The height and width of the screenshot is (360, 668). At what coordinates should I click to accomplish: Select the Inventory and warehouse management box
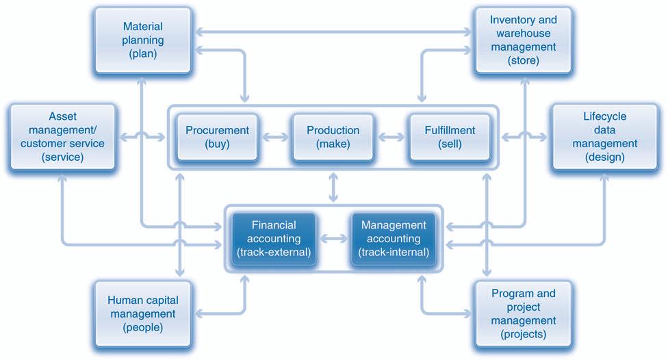524,40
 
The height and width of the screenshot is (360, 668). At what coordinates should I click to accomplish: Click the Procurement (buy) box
218,137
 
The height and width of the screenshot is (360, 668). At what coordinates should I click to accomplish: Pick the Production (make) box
333,137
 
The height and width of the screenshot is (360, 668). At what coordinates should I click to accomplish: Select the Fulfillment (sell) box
450,137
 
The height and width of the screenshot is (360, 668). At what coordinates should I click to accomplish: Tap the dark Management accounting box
393,238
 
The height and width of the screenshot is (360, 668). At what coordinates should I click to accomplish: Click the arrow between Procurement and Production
275,137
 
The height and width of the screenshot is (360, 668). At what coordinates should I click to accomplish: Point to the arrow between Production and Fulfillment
391,137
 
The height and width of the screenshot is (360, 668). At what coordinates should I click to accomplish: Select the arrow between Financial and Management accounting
334,239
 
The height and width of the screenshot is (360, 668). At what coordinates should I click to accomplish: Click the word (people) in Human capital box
142,328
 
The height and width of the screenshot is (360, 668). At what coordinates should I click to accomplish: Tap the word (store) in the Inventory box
524,61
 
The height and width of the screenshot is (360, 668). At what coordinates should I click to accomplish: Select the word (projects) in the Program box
524,335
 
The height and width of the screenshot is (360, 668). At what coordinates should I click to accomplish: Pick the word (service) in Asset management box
62,157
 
